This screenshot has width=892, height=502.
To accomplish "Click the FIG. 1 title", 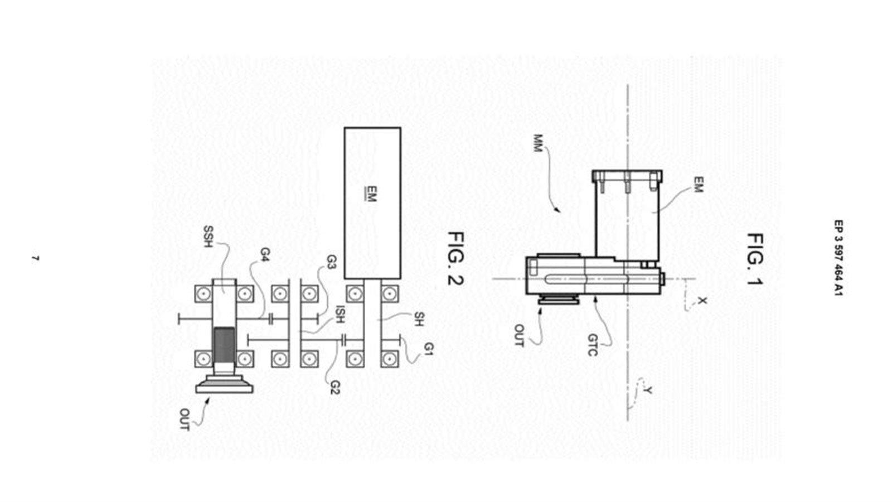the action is click(x=755, y=259).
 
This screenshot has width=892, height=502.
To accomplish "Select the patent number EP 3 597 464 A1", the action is click(x=838, y=258).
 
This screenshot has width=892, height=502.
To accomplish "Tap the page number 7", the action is click(x=35, y=259).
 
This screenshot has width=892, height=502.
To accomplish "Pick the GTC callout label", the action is click(x=593, y=345).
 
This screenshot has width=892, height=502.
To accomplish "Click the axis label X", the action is click(x=703, y=301).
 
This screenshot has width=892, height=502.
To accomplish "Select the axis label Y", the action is click(x=648, y=391).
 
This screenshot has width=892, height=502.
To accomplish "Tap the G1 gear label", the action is click(x=428, y=349).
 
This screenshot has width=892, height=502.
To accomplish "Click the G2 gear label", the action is click(x=335, y=387).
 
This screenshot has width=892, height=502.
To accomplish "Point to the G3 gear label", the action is click(x=331, y=262).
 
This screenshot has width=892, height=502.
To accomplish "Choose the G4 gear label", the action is click(x=265, y=254).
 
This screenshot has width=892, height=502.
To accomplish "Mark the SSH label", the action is click(x=208, y=236).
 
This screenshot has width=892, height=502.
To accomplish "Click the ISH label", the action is click(x=340, y=315).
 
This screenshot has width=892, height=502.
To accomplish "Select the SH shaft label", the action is click(x=418, y=319).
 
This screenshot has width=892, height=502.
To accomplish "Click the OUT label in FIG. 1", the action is click(x=518, y=335).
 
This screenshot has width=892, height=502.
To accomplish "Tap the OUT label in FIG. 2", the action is click(x=184, y=419).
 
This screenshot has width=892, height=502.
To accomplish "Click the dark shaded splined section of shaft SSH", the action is click(x=224, y=344).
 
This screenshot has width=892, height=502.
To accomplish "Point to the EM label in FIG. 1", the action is click(x=697, y=185).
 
